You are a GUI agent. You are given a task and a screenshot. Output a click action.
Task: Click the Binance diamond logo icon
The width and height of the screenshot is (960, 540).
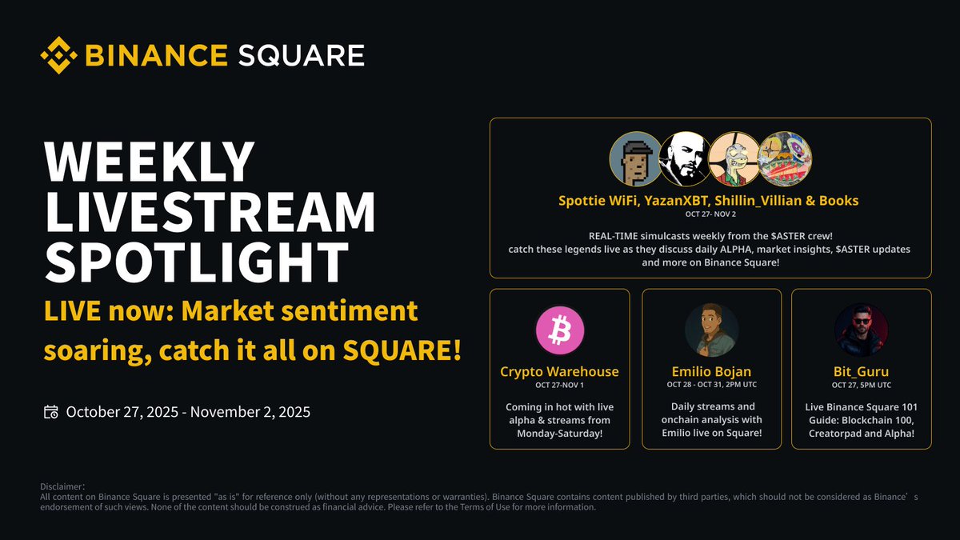(58, 55)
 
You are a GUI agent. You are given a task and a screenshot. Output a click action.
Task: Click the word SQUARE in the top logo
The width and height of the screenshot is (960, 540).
(302, 56)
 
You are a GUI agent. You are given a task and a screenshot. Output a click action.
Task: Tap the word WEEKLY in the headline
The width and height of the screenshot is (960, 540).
(150, 162)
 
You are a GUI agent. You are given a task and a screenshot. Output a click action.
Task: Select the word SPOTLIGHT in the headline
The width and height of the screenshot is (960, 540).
(196, 262)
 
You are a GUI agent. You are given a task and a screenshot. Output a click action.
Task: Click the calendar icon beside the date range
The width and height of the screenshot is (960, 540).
(51, 412)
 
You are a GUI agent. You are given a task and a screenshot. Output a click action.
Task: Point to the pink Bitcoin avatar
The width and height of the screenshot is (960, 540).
(560, 330)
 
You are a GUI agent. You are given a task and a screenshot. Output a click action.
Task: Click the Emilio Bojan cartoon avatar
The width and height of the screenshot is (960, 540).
(711, 330)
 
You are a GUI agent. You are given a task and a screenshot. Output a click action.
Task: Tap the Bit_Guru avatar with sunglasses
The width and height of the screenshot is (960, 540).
(862, 330)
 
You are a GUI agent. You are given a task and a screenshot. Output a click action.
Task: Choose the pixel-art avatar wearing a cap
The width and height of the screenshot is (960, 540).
(636, 158)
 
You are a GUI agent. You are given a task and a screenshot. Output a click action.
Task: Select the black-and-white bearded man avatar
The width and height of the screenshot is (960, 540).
(685, 158)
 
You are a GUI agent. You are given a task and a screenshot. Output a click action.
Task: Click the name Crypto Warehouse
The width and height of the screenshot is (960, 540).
(559, 371)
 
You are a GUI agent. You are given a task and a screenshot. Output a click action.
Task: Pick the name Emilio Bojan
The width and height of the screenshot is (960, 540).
(711, 371)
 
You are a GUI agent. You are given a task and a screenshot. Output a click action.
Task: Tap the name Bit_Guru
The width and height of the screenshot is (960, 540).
(861, 371)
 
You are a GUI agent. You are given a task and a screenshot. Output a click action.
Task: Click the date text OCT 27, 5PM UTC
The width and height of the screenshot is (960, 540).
(862, 385)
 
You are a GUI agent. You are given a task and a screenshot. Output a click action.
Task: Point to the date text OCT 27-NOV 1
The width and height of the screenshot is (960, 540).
(559, 385)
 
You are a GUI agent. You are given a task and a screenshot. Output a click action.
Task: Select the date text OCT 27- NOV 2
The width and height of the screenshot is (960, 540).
(710, 214)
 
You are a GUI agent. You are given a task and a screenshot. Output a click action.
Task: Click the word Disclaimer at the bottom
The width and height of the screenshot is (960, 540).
(62, 486)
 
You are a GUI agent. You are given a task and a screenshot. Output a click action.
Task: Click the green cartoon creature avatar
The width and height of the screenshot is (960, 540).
(734, 158)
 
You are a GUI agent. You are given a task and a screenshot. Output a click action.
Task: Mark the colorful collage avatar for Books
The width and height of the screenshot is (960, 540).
(784, 158)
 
